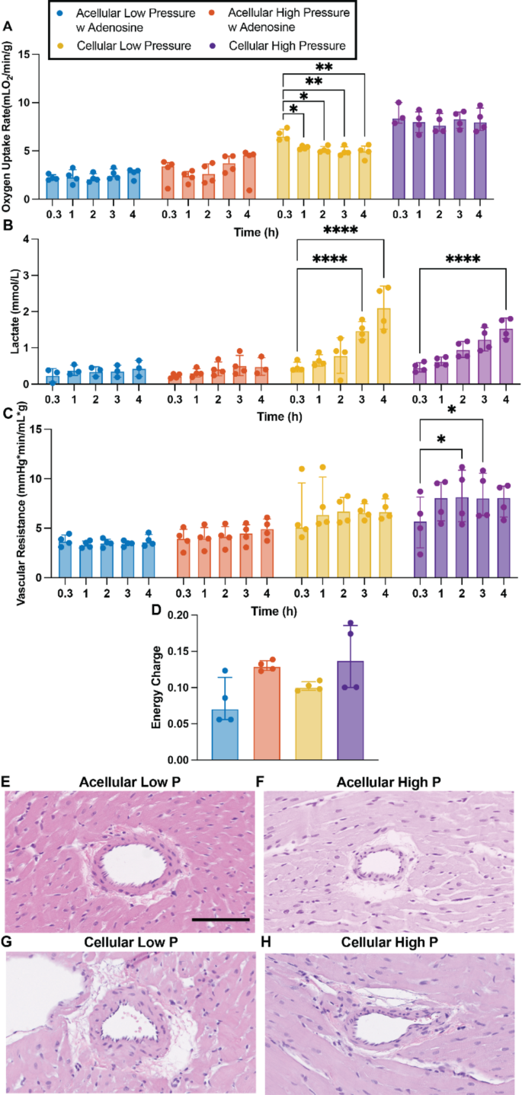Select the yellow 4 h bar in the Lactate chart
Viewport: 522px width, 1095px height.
tap(384, 346)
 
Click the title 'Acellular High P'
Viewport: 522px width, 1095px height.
tap(389, 784)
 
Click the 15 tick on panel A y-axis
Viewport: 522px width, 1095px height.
tap(30, 55)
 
